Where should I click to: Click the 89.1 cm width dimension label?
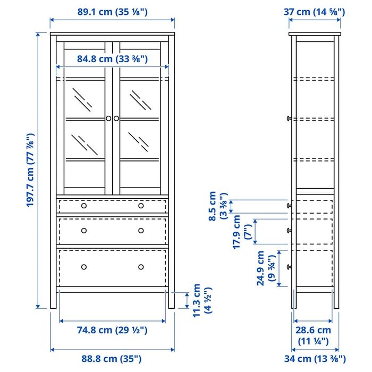112,11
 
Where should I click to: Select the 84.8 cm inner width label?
112,58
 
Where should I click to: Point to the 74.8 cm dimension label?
112,330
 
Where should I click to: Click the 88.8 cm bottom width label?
112,359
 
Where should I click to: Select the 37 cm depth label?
315,11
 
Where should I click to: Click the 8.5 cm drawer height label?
217,206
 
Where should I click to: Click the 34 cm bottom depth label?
315,359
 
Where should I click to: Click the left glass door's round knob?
108,119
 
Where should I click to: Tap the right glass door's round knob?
116,119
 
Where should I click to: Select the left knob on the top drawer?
83,206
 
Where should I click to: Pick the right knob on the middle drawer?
141,230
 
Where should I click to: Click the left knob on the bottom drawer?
83,266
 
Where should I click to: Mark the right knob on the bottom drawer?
141,266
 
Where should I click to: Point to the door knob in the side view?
289,119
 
